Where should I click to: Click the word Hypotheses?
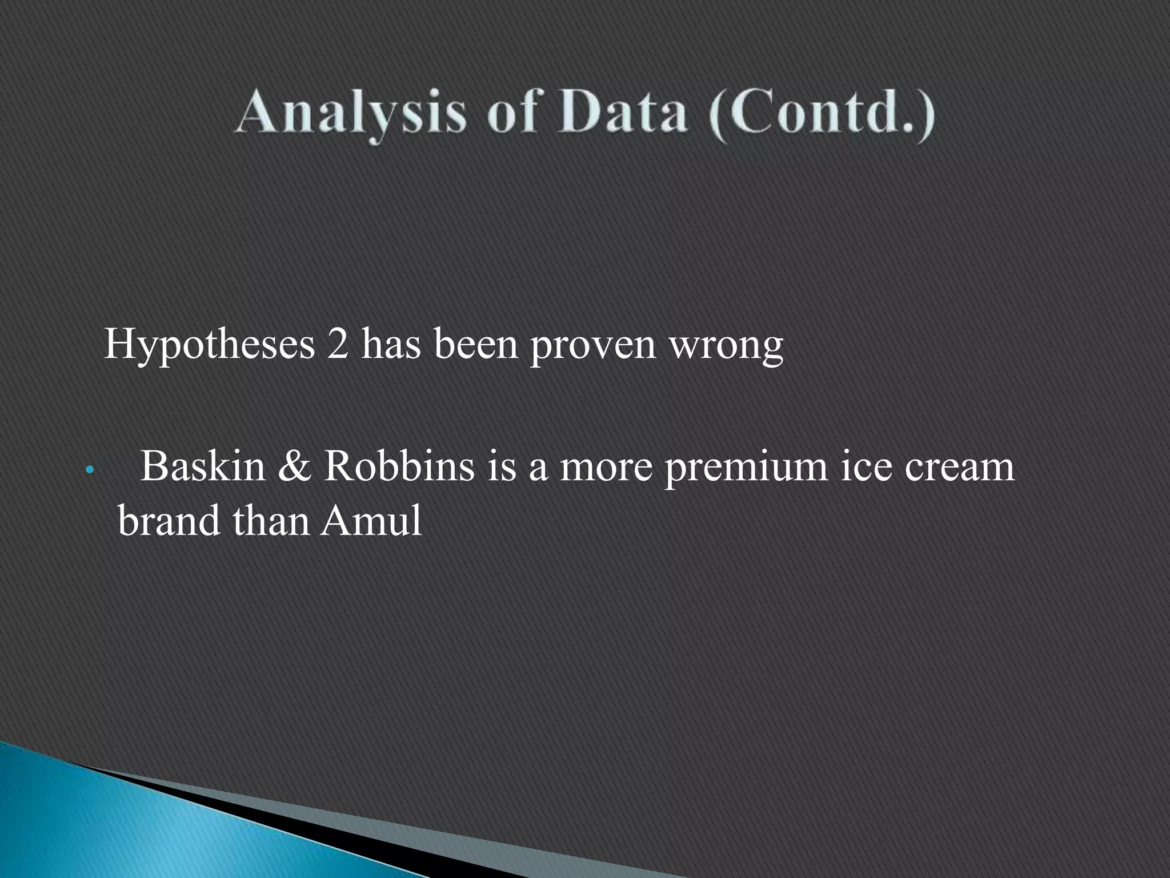(x=209, y=345)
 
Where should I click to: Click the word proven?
(x=592, y=346)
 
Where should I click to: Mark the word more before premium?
(x=605, y=466)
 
